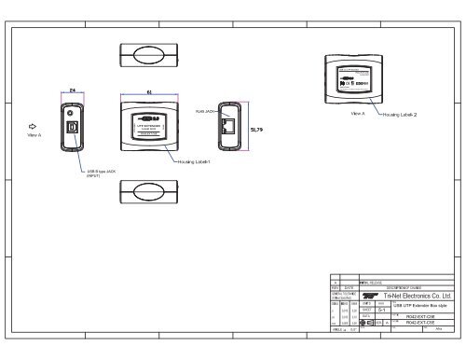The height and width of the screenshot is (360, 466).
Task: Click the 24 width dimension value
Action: tap(73, 90)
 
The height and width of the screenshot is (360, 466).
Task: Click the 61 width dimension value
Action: tap(150, 90)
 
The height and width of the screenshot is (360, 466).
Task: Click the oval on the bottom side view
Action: tap(149, 192)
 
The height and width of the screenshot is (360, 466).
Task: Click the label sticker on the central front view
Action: tap(149, 125)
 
